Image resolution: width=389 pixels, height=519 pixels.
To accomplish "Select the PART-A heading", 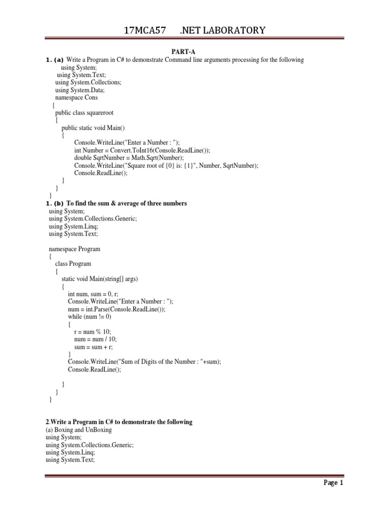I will [194, 52].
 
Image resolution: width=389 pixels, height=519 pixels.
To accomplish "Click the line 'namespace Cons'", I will [76, 97].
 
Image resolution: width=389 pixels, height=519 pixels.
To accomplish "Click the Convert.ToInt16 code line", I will [142, 150].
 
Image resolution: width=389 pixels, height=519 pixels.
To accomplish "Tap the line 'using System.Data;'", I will [80, 90].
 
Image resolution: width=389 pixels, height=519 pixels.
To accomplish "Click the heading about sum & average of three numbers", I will [127, 203].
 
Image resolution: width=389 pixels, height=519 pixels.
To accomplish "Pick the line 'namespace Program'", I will [74, 249].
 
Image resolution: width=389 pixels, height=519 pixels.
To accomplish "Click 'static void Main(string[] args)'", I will [100, 279].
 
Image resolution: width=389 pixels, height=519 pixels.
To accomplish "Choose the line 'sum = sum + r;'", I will [94, 347].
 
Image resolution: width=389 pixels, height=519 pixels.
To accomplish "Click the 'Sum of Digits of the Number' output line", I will [144, 361].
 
